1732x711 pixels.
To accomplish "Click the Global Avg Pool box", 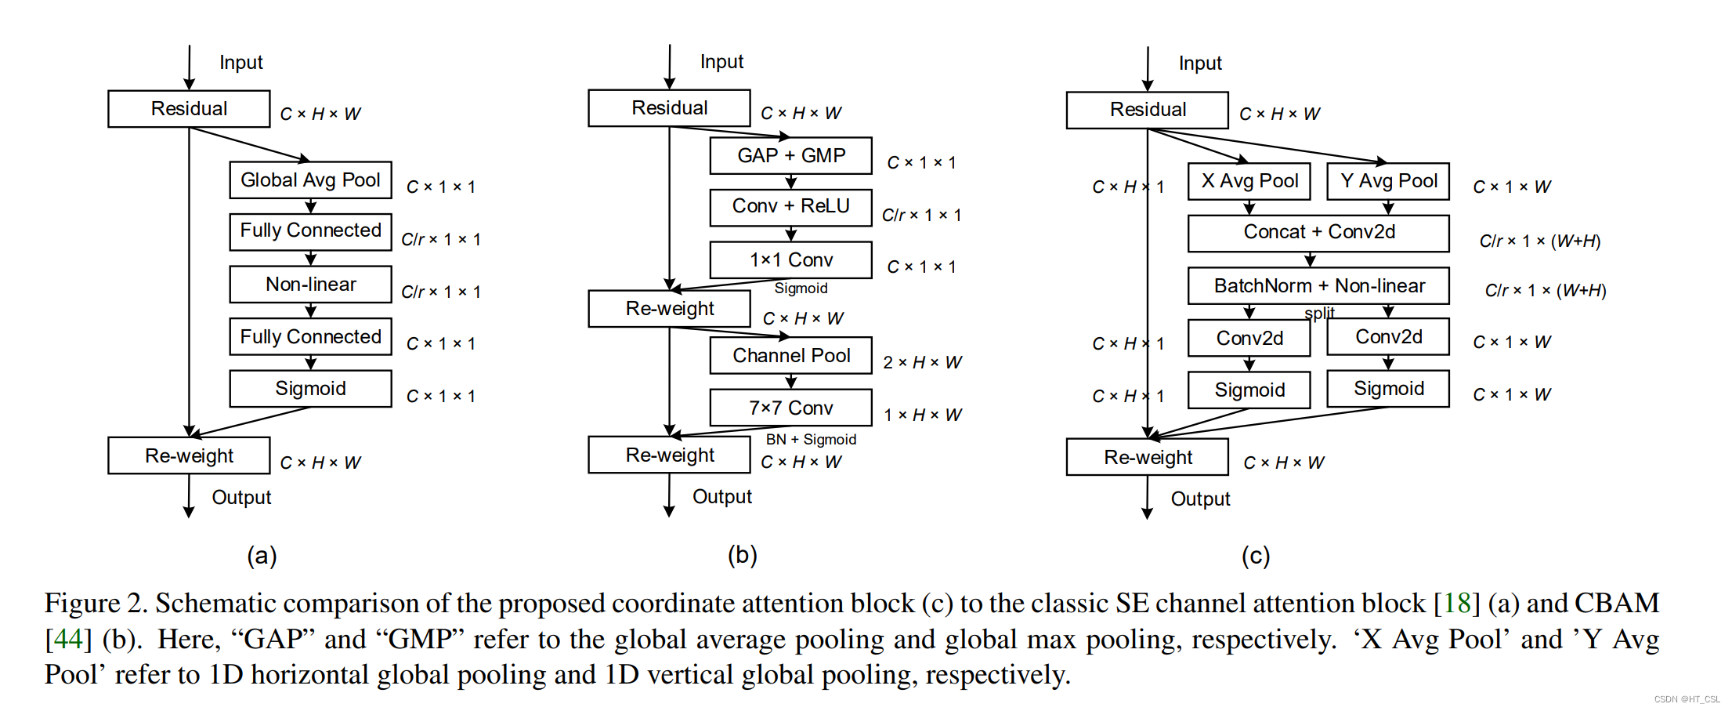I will (310, 180).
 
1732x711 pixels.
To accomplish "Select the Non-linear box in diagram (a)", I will (310, 284).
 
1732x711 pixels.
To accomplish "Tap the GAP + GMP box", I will (790, 155).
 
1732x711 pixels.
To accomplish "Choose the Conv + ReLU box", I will (790, 206).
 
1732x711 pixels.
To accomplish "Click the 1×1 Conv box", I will (790, 259).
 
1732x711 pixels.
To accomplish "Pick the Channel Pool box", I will (790, 355).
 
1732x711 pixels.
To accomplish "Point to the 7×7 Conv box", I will (790, 408).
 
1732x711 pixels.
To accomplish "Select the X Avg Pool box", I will (1249, 181).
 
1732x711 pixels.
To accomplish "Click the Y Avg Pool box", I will (1388, 181).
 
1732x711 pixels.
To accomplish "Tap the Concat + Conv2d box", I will (1318, 232).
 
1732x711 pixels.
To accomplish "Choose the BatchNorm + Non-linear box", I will (1318, 286).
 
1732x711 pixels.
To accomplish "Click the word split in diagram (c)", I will (1319, 313).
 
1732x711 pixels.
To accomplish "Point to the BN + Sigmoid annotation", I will (811, 440).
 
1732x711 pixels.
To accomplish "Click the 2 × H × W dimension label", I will (922, 362).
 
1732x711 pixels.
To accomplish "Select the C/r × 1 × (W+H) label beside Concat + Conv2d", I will (1539, 241).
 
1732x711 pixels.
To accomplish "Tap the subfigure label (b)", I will (742, 555).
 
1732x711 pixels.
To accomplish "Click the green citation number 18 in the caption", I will (1456, 603).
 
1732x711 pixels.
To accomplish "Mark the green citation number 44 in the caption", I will (68, 639).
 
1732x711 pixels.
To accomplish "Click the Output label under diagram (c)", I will (1200, 499).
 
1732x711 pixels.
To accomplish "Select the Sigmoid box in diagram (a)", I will (310, 389).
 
